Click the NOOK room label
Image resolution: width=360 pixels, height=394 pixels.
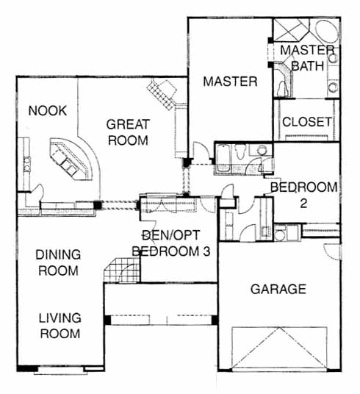coord(48,110)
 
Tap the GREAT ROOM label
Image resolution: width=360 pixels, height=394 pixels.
coord(128,132)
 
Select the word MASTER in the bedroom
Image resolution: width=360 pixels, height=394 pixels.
coord(230,82)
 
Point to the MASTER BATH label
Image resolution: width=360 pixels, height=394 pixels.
coord(307,58)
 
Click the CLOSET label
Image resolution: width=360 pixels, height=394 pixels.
coord(307,122)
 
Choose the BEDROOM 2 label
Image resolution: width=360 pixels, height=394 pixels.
coord(303,196)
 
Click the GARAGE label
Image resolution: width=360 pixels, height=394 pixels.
coord(278,289)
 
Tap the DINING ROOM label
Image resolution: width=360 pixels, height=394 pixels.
coord(58,262)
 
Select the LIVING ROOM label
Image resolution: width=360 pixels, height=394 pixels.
coord(60,326)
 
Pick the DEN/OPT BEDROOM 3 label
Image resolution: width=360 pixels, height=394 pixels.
coord(171,243)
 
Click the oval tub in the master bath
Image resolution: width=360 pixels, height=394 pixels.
coord(327,31)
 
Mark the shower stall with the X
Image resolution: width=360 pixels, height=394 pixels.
coord(292,29)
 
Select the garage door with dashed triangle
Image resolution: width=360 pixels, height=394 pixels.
coord(279,348)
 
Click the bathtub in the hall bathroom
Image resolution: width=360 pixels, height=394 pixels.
coord(223,158)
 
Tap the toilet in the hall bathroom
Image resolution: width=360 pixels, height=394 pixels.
coord(240,151)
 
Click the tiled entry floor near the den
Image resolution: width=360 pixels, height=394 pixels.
coord(121,271)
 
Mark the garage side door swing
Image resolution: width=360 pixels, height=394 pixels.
coord(331,252)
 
